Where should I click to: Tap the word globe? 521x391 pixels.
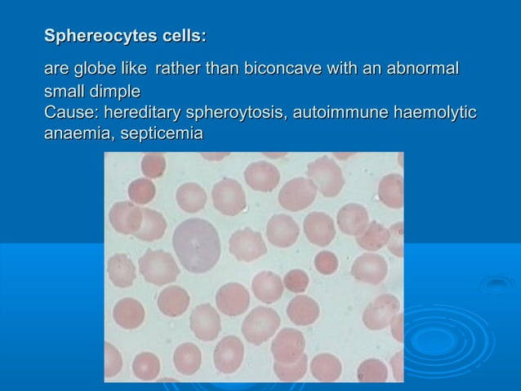(99, 69)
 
